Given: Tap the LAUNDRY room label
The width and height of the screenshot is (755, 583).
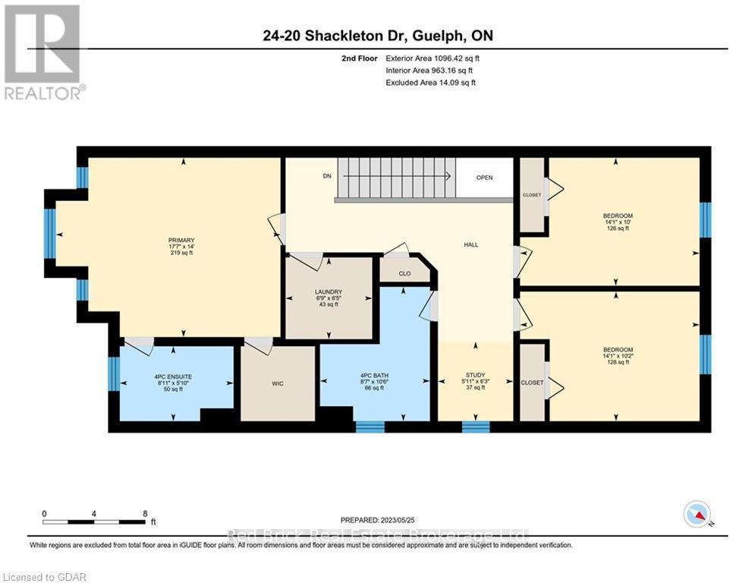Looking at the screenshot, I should [329, 292].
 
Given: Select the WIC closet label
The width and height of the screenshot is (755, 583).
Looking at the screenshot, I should [278, 383].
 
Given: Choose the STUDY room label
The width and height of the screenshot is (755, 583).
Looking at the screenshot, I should [475, 373].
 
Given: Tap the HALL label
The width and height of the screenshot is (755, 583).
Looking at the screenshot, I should [471, 244].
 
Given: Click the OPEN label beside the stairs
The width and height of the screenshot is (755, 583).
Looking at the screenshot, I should [484, 178].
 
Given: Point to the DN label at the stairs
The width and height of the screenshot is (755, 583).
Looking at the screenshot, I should [327, 176].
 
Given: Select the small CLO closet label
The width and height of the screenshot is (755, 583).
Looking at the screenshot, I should [404, 273].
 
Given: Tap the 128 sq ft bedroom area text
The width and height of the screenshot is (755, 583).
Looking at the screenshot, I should [617, 363].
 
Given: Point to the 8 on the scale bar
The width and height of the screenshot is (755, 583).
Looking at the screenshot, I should [145, 513].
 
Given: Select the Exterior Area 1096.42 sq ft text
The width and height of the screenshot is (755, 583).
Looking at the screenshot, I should [433, 58].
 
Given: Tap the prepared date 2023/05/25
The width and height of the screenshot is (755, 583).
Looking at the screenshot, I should [379, 520].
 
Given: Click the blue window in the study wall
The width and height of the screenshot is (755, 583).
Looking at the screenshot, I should [476, 427].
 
